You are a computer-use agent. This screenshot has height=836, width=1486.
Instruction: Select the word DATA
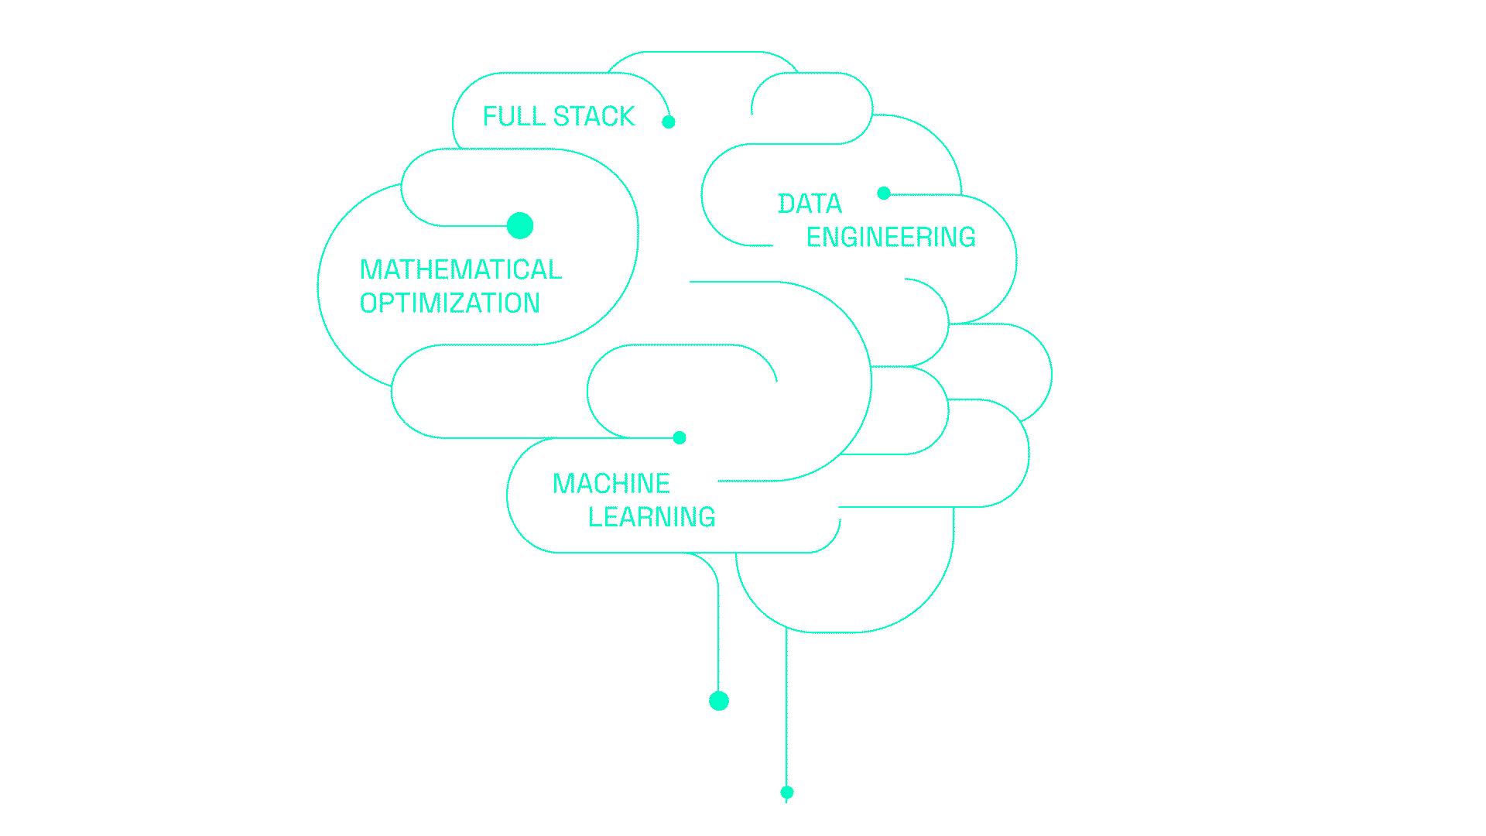click(x=810, y=204)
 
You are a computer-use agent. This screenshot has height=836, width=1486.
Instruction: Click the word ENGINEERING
click(x=891, y=237)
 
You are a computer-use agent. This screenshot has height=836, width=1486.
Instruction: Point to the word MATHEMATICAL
click(x=461, y=269)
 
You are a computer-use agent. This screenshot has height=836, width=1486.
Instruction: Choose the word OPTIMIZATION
click(x=450, y=303)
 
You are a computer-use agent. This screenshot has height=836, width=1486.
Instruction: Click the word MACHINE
click(x=611, y=484)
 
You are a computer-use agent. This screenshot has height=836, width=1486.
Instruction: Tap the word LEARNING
click(x=652, y=517)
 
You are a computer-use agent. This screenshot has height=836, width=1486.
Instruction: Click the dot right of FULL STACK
click(x=669, y=122)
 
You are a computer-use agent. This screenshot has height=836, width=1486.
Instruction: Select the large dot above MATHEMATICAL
click(x=520, y=226)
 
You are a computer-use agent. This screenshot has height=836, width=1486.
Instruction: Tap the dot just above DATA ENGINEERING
click(x=884, y=193)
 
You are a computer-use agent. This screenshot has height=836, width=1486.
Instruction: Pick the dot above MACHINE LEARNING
click(x=680, y=437)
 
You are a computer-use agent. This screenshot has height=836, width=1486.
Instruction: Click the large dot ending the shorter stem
click(x=719, y=701)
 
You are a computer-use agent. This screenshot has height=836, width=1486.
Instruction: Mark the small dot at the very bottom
click(x=787, y=792)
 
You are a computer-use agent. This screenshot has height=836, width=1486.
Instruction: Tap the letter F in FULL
click(x=490, y=116)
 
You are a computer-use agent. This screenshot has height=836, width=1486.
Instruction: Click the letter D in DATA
click(x=786, y=204)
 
